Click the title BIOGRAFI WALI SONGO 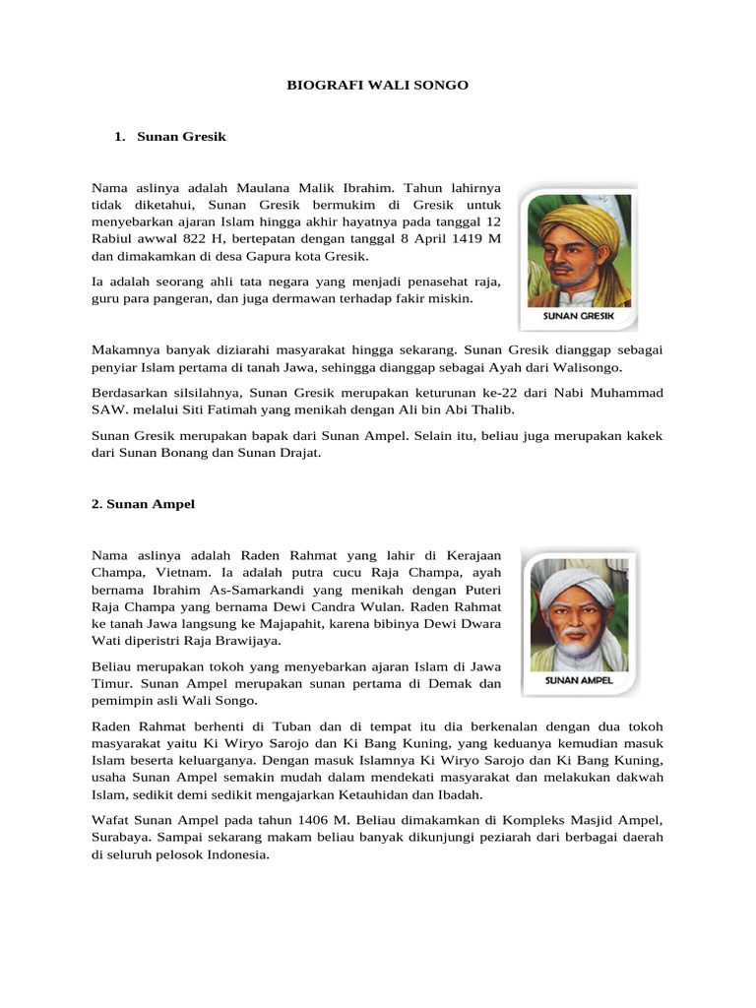(377, 86)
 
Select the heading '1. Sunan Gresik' (170, 137)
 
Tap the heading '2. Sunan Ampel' (144, 504)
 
